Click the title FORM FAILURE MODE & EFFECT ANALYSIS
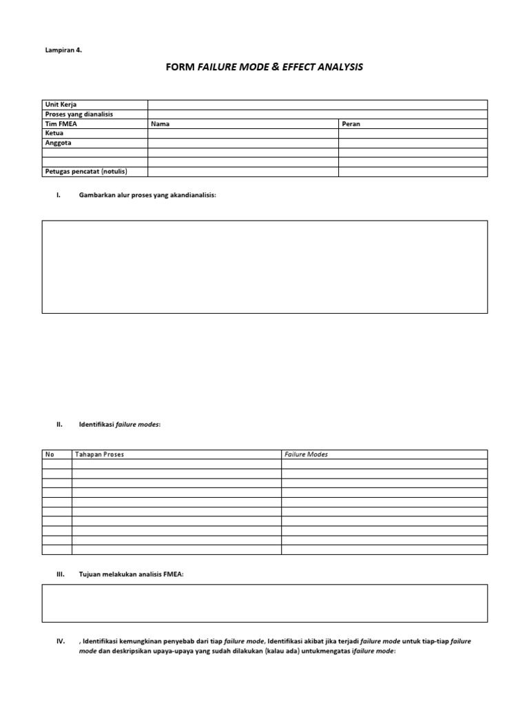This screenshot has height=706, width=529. (264, 68)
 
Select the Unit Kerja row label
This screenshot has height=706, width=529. (61, 104)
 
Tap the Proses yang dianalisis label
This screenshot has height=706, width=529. (79, 114)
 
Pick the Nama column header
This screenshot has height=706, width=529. (160, 123)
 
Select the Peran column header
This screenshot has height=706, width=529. (351, 123)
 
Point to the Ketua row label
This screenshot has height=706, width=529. (54, 133)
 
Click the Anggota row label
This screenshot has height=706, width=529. (58, 143)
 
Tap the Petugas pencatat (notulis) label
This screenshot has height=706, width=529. (86, 171)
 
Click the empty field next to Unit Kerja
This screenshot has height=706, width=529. (317, 104)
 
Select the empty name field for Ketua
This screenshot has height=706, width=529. (242, 133)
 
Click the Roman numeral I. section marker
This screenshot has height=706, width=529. (59, 195)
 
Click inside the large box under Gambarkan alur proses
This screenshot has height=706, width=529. (264, 267)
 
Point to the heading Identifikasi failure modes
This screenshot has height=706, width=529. (120, 425)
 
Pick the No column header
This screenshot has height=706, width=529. (50, 454)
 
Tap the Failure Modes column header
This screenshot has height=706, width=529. (306, 454)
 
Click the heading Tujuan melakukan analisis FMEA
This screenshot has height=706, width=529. (132, 574)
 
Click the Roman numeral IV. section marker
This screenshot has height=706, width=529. (61, 641)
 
